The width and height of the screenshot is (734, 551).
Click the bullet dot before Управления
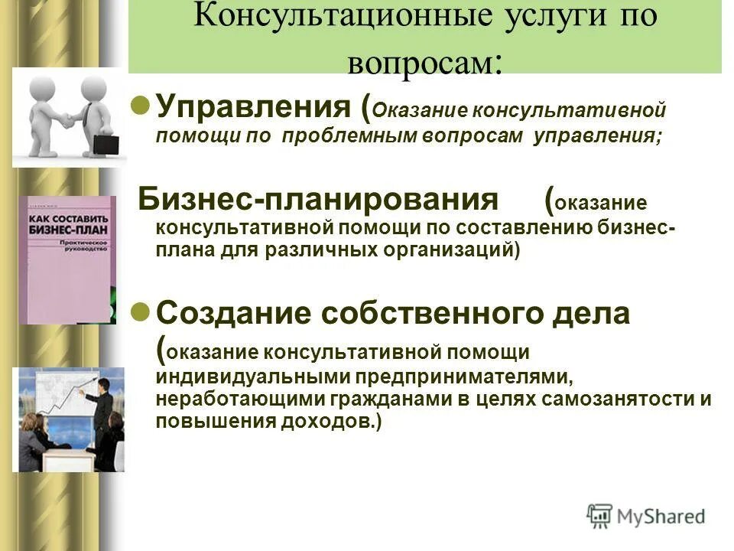pyautogui.click(x=139, y=105)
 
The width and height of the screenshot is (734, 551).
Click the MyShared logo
pyautogui.click(x=646, y=516)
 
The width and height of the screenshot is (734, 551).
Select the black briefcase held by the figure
pyautogui.click(x=106, y=143)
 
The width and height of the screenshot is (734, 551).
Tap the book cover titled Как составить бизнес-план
pyautogui.click(x=67, y=259)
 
